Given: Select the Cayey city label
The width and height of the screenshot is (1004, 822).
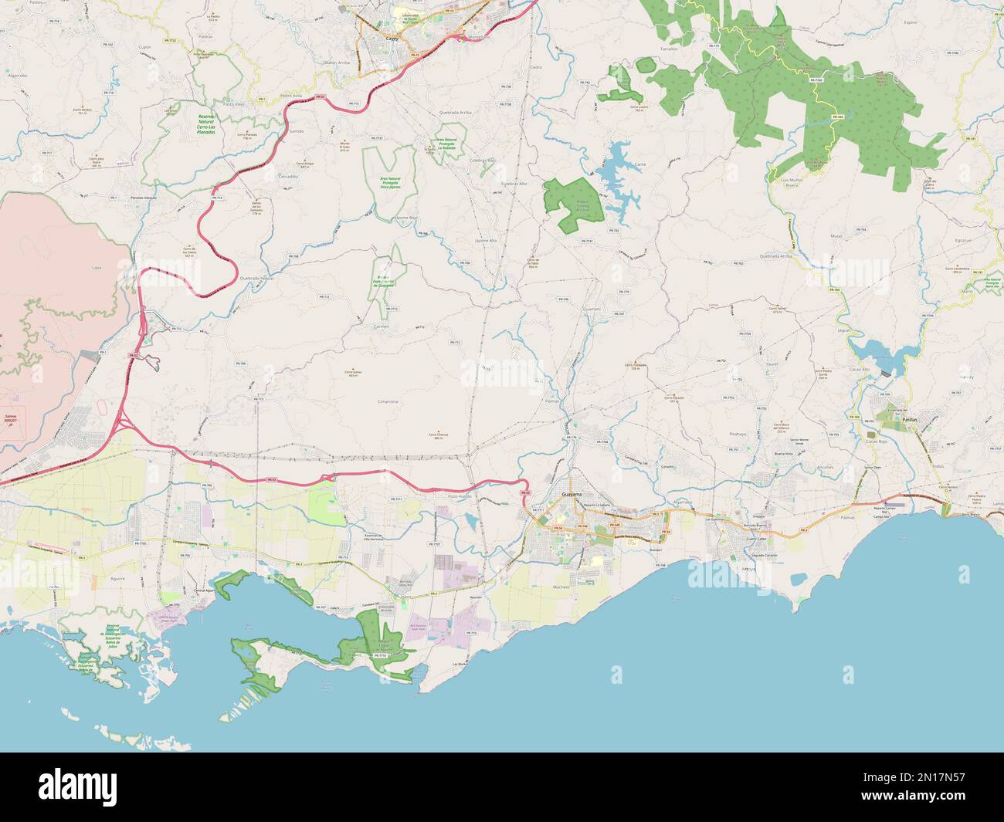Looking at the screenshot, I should [x=392, y=36].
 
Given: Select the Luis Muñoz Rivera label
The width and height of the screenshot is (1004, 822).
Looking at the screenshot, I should [x=799, y=183].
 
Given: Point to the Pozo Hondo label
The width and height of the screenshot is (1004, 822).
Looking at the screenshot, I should [x=459, y=496].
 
